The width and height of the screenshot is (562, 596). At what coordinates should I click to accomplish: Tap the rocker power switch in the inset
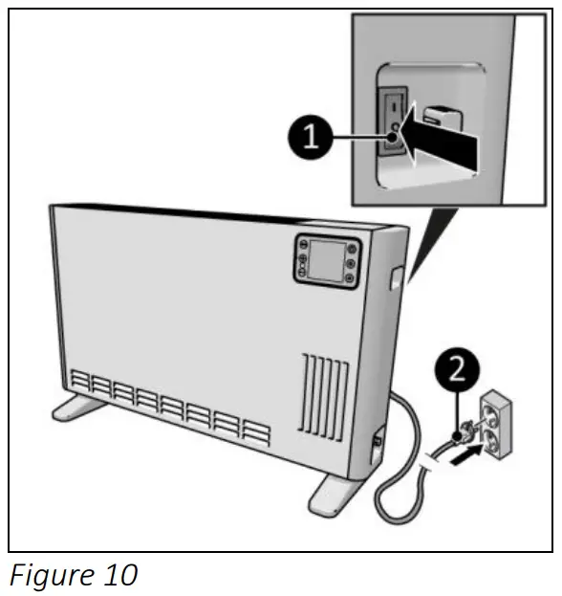[393, 125]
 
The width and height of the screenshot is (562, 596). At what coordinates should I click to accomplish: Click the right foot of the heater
[335, 491]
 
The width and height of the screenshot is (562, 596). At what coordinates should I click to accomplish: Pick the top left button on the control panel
[302, 244]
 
